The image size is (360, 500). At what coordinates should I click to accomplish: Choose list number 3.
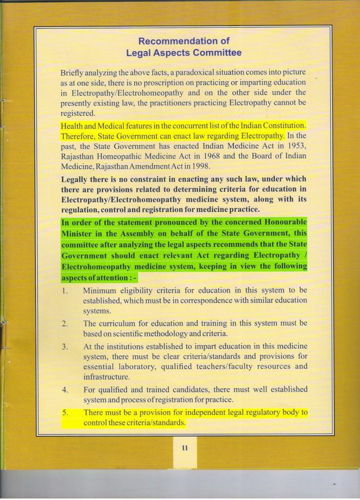coord(64,346)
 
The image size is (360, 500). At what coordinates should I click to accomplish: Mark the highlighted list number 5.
coord(64,413)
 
